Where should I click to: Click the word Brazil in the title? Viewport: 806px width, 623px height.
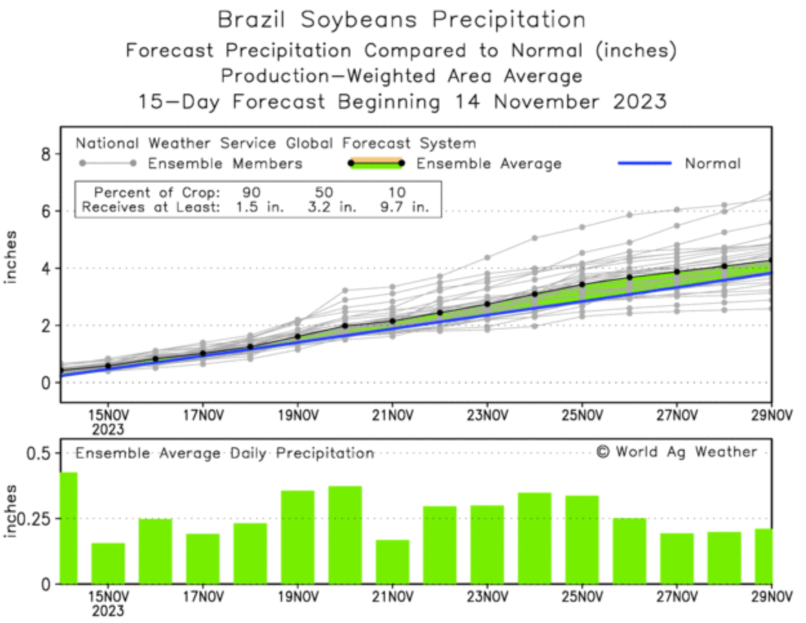[251, 20]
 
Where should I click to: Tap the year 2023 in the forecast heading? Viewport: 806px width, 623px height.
[640, 102]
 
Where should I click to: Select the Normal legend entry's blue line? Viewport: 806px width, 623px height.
[645, 164]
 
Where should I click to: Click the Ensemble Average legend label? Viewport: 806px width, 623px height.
[489, 164]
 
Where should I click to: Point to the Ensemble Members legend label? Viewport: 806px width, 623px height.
[225, 164]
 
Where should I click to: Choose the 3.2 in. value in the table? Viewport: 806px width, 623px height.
[332, 208]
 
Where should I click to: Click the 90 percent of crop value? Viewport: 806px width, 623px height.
[252, 192]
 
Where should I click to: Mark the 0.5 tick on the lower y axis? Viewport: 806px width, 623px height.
[38, 453]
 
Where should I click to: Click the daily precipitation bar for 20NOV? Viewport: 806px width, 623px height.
[345, 535]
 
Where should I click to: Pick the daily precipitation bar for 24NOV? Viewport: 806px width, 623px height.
[534, 538]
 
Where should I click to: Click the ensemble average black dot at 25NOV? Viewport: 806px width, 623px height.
[582, 284]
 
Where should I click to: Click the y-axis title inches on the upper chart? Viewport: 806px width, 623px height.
[11, 257]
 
